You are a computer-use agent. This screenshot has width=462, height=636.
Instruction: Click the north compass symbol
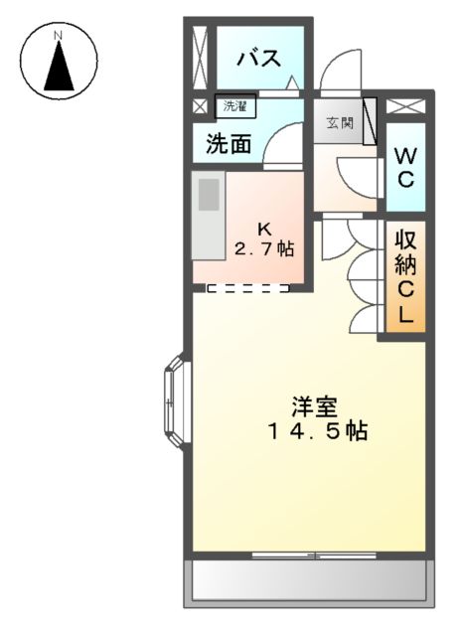60,62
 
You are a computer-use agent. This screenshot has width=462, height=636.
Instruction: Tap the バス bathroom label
256,58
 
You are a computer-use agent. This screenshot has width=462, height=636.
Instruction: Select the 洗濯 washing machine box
233,105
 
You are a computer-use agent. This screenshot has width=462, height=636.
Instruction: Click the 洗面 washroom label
229,143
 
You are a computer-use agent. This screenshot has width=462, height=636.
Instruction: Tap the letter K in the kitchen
264,226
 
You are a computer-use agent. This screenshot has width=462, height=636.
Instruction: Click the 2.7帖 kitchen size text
263,247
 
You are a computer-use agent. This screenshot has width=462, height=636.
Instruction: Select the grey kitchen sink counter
208,215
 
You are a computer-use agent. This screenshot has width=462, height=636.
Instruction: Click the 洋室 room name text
315,406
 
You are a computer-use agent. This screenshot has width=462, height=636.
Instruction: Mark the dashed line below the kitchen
248,288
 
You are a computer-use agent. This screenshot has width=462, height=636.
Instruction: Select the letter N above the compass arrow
59,36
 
